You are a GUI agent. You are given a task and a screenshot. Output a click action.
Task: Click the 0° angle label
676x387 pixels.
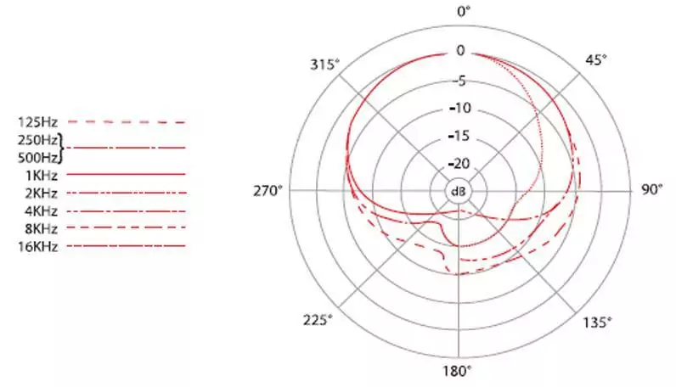tap(464, 11)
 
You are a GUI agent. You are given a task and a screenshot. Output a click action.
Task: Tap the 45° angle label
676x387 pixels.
tap(596, 60)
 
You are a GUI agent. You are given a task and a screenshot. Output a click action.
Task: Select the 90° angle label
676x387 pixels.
tap(651, 189)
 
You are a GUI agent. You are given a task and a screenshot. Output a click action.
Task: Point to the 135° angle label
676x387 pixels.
tap(597, 322)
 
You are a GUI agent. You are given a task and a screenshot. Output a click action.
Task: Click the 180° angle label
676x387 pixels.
tap(457, 371)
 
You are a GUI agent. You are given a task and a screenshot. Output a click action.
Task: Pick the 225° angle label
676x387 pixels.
tap(318, 320)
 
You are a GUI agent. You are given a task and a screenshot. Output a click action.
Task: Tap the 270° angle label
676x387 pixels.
tap(268, 190)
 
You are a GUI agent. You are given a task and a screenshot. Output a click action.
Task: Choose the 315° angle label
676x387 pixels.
tap(324, 64)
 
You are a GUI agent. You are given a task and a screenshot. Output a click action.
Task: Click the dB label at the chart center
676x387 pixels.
tap(459, 191)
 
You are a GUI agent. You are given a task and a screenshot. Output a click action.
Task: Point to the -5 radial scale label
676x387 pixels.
tap(459, 81)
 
